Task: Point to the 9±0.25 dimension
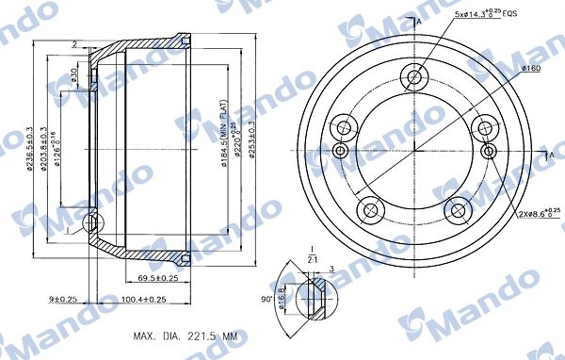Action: [64, 300]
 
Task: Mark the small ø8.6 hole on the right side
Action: [487, 151]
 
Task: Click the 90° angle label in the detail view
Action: [268, 302]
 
